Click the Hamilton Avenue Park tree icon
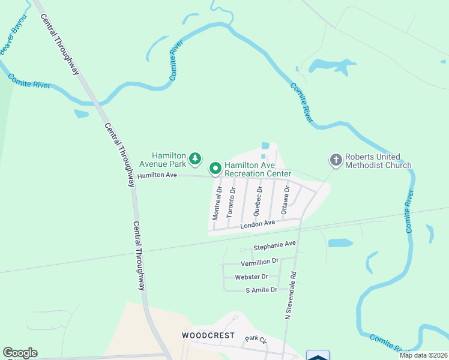pyautogui.click(x=194, y=158)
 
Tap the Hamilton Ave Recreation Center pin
pyautogui.click(x=215, y=168)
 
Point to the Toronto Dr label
pyautogui.click(x=231, y=202)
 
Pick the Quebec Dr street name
pyautogui.click(x=258, y=200)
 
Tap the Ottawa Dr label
pyautogui.click(x=286, y=200)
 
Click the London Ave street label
pyautogui.click(x=258, y=224)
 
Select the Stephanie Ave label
pyautogui.click(x=275, y=245)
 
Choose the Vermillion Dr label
pyautogui.click(x=259, y=262)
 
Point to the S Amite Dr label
pyautogui.click(x=262, y=290)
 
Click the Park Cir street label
pyautogui.click(x=256, y=340)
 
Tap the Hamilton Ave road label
pyautogui.click(x=157, y=175)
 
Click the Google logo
pyautogui.click(x=20, y=353)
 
